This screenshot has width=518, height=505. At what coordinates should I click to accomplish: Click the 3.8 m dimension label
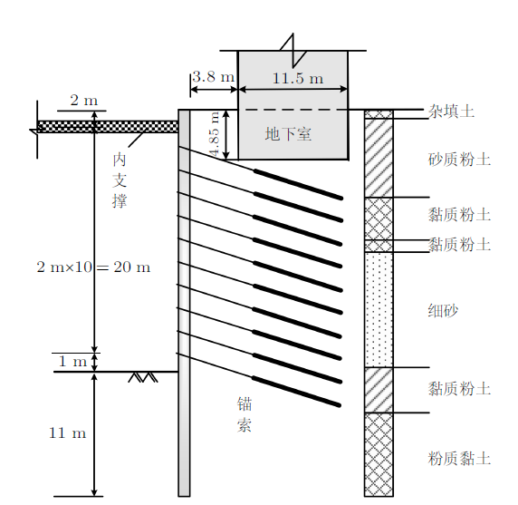coord(213,77)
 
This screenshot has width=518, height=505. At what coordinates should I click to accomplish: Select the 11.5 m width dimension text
coord(298,78)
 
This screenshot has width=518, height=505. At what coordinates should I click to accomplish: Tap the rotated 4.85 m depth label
coord(215,134)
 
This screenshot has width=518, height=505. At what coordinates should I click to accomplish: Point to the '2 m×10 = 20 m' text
coord(93,267)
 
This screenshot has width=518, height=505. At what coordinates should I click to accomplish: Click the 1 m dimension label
coord(72,361)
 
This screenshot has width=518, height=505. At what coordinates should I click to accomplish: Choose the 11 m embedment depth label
coord(67,432)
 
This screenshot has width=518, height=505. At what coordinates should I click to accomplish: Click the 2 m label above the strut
coord(84,101)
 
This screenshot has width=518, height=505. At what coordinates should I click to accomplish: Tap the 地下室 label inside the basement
coord(288,134)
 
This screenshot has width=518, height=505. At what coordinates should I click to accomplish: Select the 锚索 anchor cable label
coord(245,414)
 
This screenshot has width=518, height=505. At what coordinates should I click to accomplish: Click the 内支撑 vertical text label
coord(120,180)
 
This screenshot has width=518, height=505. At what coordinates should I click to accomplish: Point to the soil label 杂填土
coord(451,112)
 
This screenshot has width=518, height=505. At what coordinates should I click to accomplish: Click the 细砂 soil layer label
coord(444,311)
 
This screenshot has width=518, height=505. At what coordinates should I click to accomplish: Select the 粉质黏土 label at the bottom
coord(459,459)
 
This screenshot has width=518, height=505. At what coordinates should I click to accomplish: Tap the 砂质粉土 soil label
coord(459,159)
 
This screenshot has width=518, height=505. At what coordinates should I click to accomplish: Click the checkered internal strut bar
coord(108,127)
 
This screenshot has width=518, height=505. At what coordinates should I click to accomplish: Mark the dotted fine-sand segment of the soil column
coord(379,309)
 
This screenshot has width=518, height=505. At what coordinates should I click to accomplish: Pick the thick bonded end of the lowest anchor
coord(296,391)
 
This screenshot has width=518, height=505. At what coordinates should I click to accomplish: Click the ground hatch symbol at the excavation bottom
coord(143,377)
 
